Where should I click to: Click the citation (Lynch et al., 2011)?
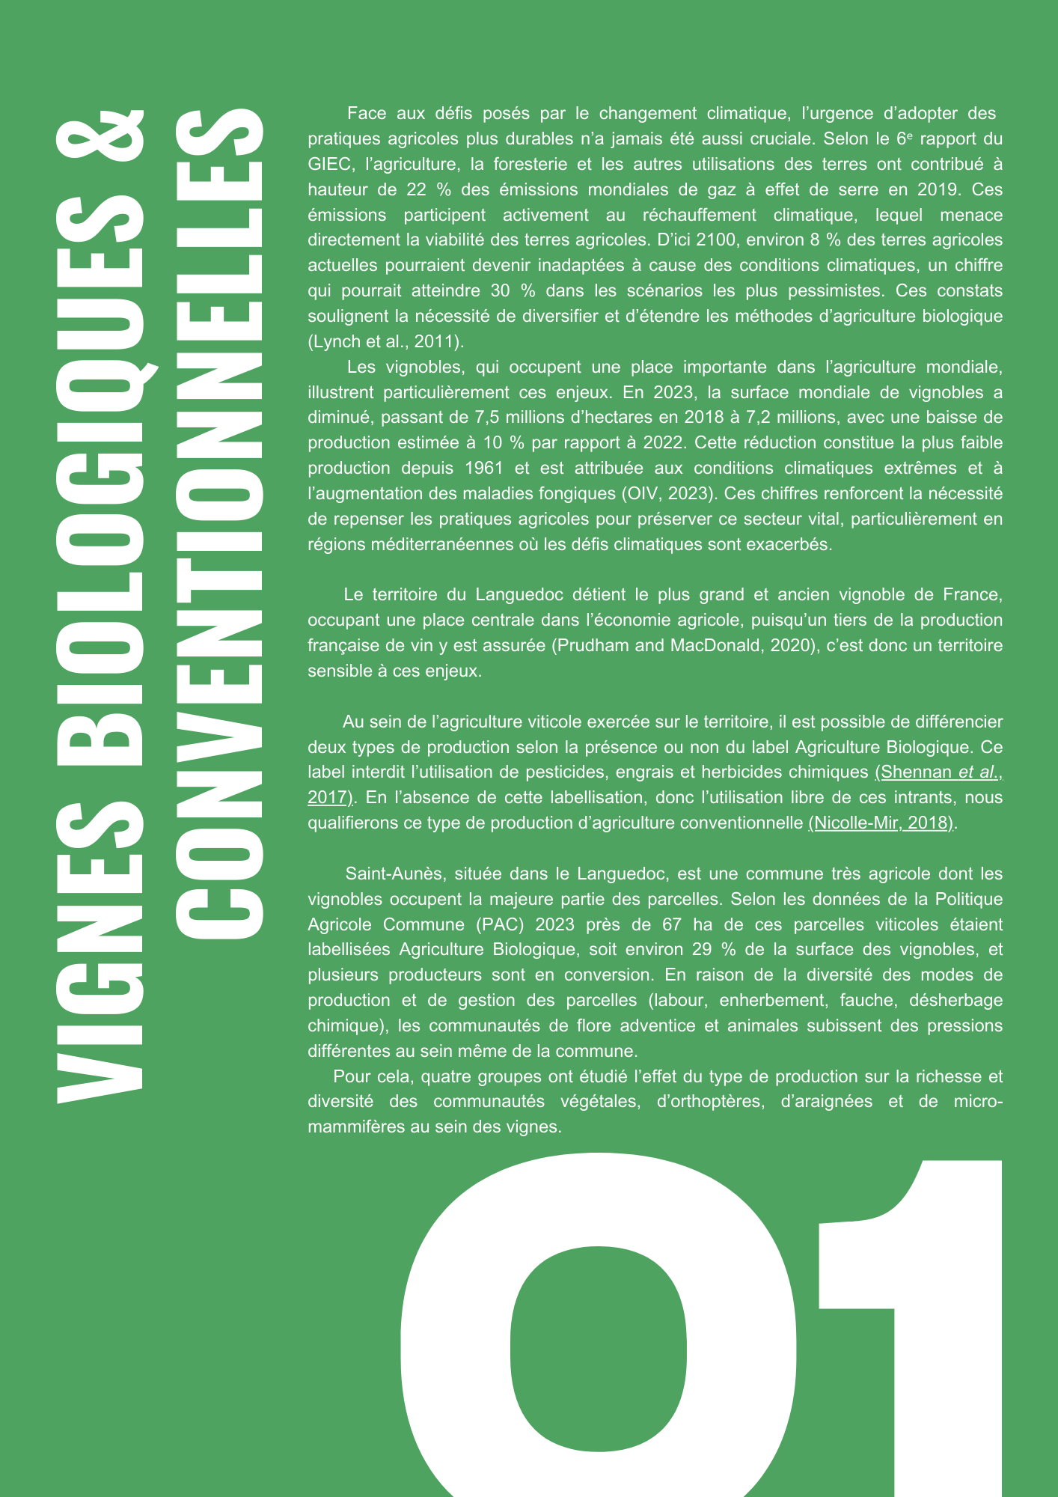tap(385, 342)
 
